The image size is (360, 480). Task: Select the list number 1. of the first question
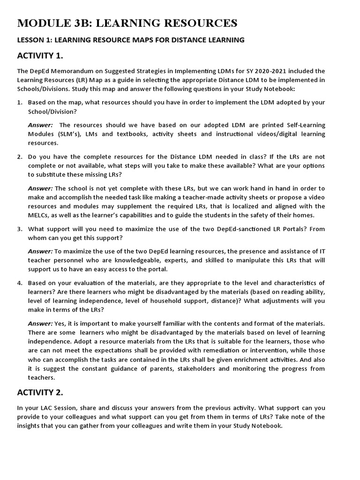coord(20,102)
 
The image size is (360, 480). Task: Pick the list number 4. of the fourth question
coord(20,283)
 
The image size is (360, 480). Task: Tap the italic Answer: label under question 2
coord(40,188)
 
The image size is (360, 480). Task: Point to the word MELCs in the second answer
coord(38,215)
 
